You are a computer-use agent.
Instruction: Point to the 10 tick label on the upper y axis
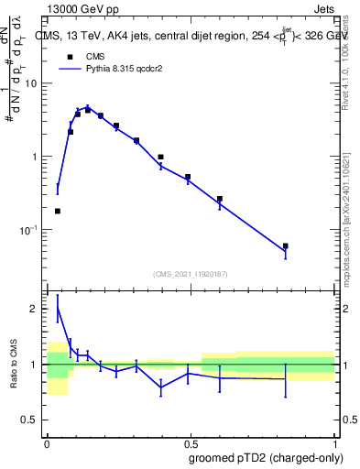point(30,83)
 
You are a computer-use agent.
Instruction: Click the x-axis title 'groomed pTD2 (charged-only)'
point(266,457)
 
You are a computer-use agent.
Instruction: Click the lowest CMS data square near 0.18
point(58,211)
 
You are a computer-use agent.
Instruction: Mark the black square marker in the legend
point(70,55)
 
